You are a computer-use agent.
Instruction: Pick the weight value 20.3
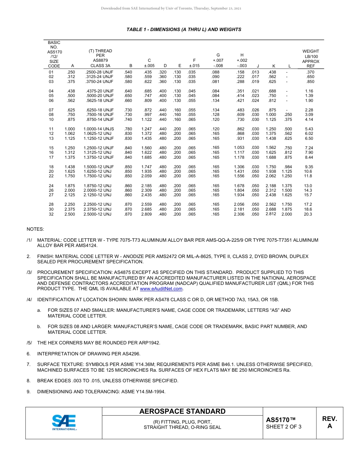tap(308, 214)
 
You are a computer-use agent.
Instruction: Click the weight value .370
tap(310, 72)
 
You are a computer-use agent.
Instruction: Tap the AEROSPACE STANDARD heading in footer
tap(182, 411)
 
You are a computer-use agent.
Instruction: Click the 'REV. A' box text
tap(329, 422)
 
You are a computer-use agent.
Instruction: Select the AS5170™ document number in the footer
tap(280, 420)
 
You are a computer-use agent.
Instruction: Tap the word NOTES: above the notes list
tap(35, 230)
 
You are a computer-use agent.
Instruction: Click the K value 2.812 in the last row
tap(271, 214)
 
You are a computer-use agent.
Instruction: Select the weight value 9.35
tap(309, 167)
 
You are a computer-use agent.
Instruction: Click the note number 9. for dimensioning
tap(28, 391)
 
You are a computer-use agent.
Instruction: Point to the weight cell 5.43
tap(309, 129)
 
